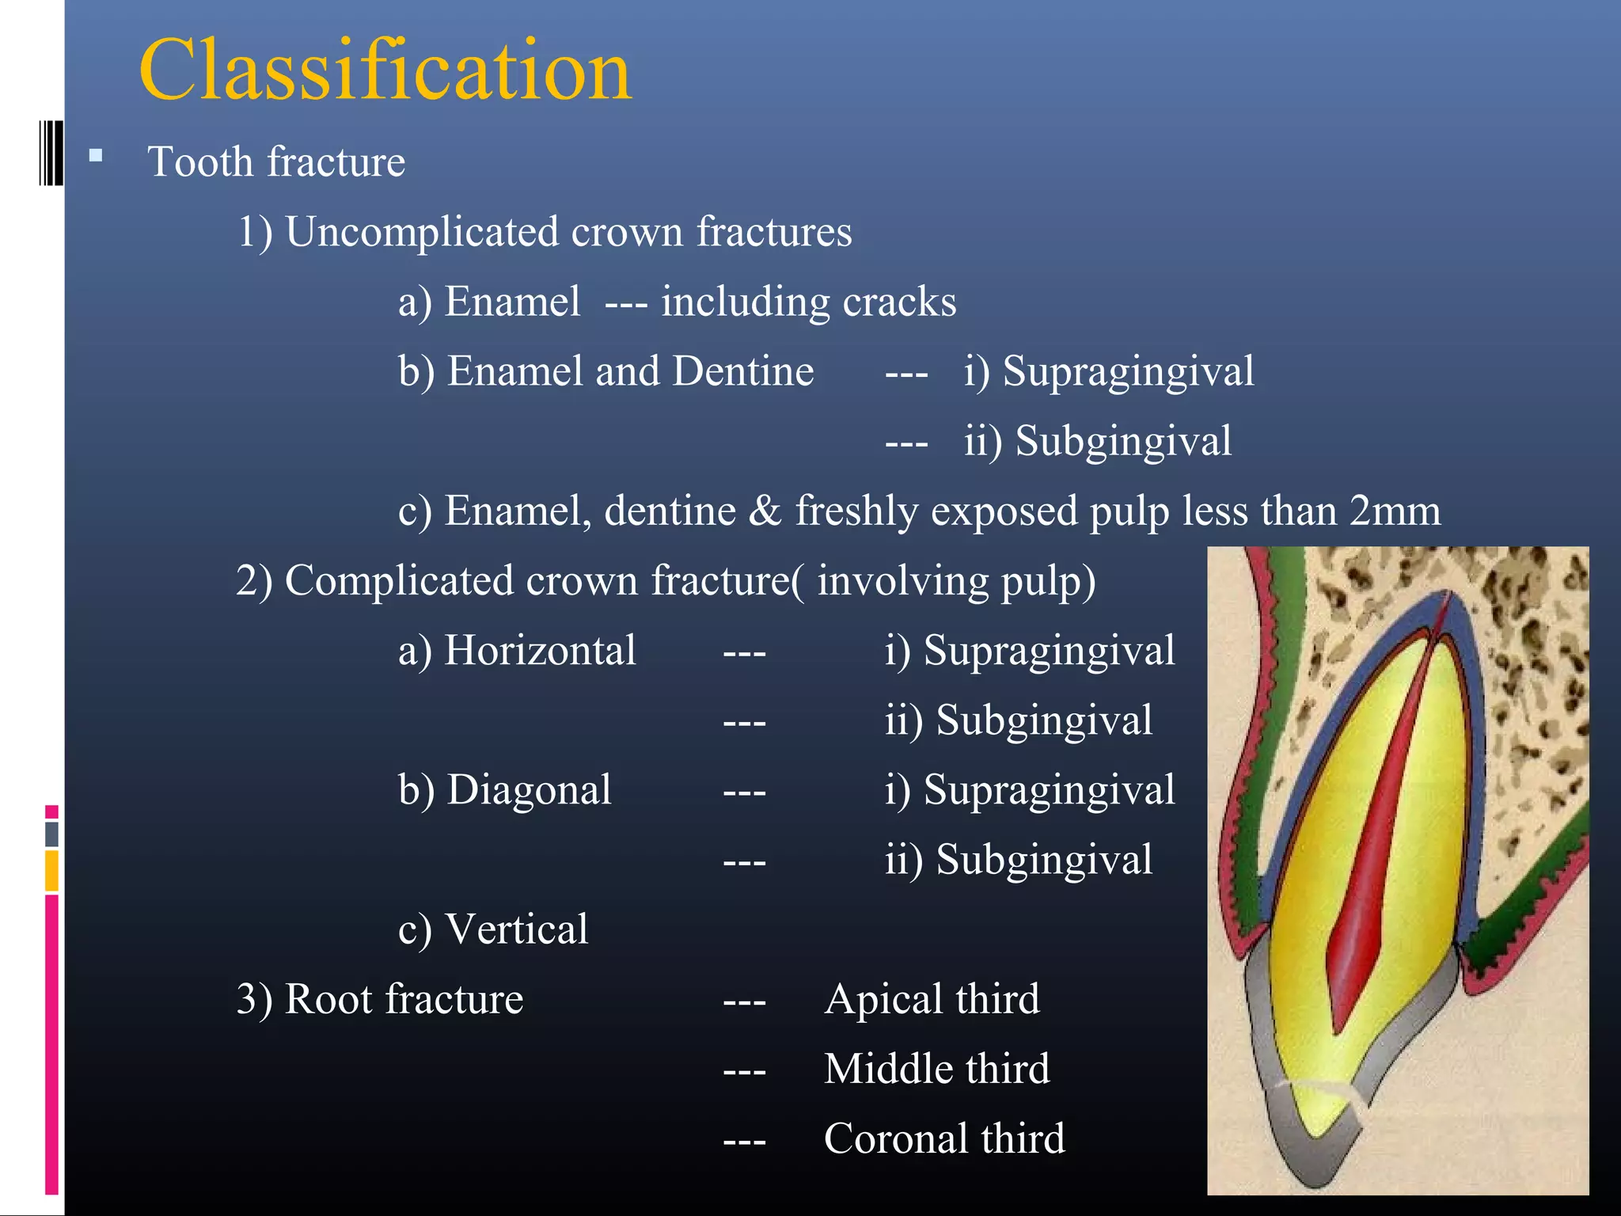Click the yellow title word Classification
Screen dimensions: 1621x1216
coord(385,71)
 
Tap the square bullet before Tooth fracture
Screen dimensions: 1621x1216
coord(96,156)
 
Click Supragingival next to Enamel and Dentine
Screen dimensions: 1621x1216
coord(1128,371)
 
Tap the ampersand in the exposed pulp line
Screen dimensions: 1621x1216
coord(765,511)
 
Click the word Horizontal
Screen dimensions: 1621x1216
coord(540,651)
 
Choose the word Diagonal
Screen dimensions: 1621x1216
coord(529,790)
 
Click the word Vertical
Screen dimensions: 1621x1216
coord(517,929)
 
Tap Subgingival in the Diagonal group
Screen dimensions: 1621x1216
coord(1043,860)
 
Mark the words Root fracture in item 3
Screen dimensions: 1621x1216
coord(404,999)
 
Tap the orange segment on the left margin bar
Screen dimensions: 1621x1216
coord(51,870)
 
